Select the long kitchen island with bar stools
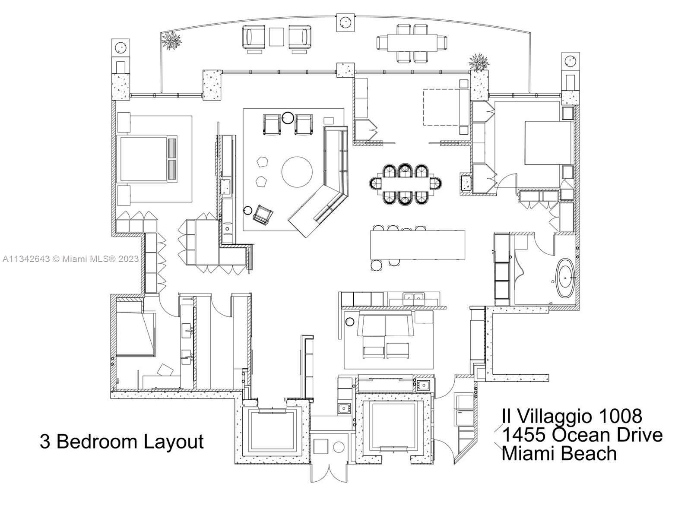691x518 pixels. point(418,245)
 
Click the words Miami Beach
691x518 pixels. point(559,453)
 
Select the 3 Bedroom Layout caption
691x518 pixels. point(121,442)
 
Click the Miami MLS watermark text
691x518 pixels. point(70,259)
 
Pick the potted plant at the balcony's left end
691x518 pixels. point(171,41)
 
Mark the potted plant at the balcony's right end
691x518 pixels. point(479,62)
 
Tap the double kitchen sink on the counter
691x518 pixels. point(414,297)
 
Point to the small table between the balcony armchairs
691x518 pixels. point(276,36)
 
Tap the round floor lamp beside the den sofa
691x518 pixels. point(350,322)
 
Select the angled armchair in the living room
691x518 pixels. point(263,214)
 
